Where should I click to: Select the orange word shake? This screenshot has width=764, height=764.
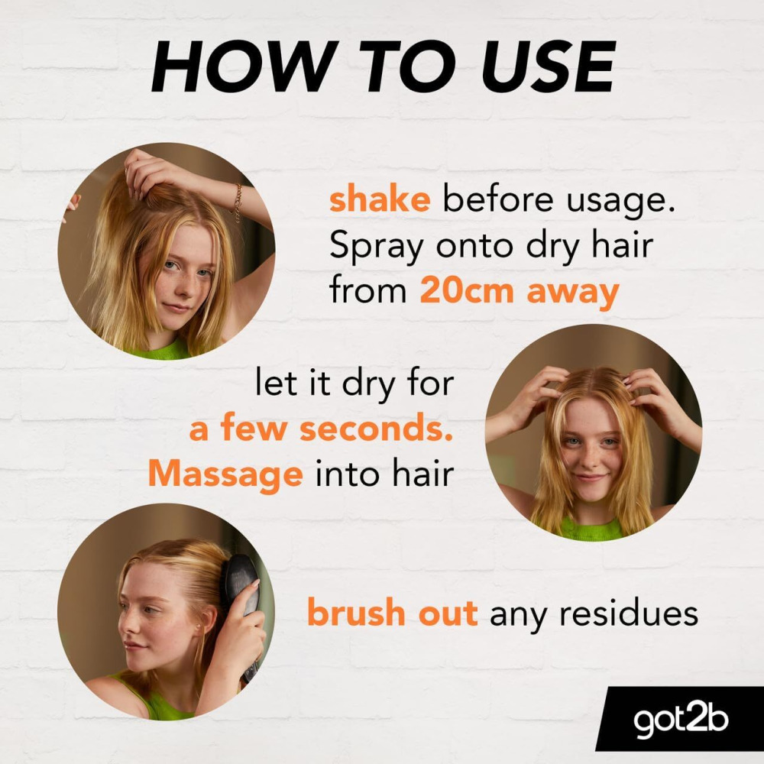(x=380, y=201)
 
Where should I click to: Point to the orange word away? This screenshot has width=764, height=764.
(x=572, y=293)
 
